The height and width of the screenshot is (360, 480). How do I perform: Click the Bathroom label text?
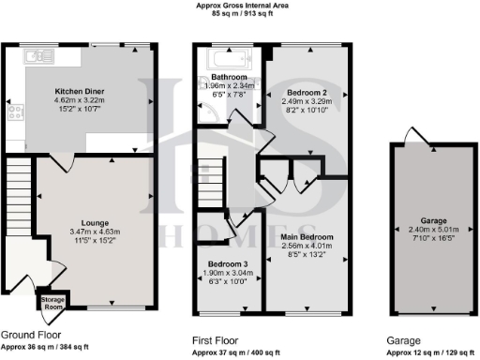pos(228,77)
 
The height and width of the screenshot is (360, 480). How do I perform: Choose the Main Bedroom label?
pos(307,238)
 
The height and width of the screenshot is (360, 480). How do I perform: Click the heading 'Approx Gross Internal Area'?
pos(239,5)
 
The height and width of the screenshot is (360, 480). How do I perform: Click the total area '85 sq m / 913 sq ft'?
pos(239,14)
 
